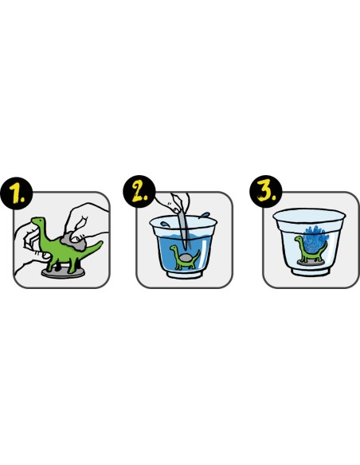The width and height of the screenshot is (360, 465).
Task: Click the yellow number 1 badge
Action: (x=16, y=193)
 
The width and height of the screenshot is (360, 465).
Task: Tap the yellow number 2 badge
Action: (x=139, y=191)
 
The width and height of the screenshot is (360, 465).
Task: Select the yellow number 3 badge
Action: (x=266, y=191)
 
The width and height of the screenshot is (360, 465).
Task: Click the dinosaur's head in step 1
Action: (x=38, y=221)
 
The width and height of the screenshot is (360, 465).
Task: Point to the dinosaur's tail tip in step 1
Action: (x=102, y=242)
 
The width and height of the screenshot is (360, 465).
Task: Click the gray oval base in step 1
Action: (x=64, y=273)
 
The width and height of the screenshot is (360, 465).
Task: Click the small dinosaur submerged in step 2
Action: (x=185, y=257)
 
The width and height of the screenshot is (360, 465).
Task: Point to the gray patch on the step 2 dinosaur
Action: (x=186, y=258)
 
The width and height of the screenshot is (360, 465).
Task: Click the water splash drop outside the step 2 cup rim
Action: (x=205, y=214)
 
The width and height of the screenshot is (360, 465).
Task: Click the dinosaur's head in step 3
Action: (x=299, y=239)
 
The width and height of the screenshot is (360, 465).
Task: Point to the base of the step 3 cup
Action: (x=310, y=271)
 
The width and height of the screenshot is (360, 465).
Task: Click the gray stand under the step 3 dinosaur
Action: (x=311, y=263)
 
